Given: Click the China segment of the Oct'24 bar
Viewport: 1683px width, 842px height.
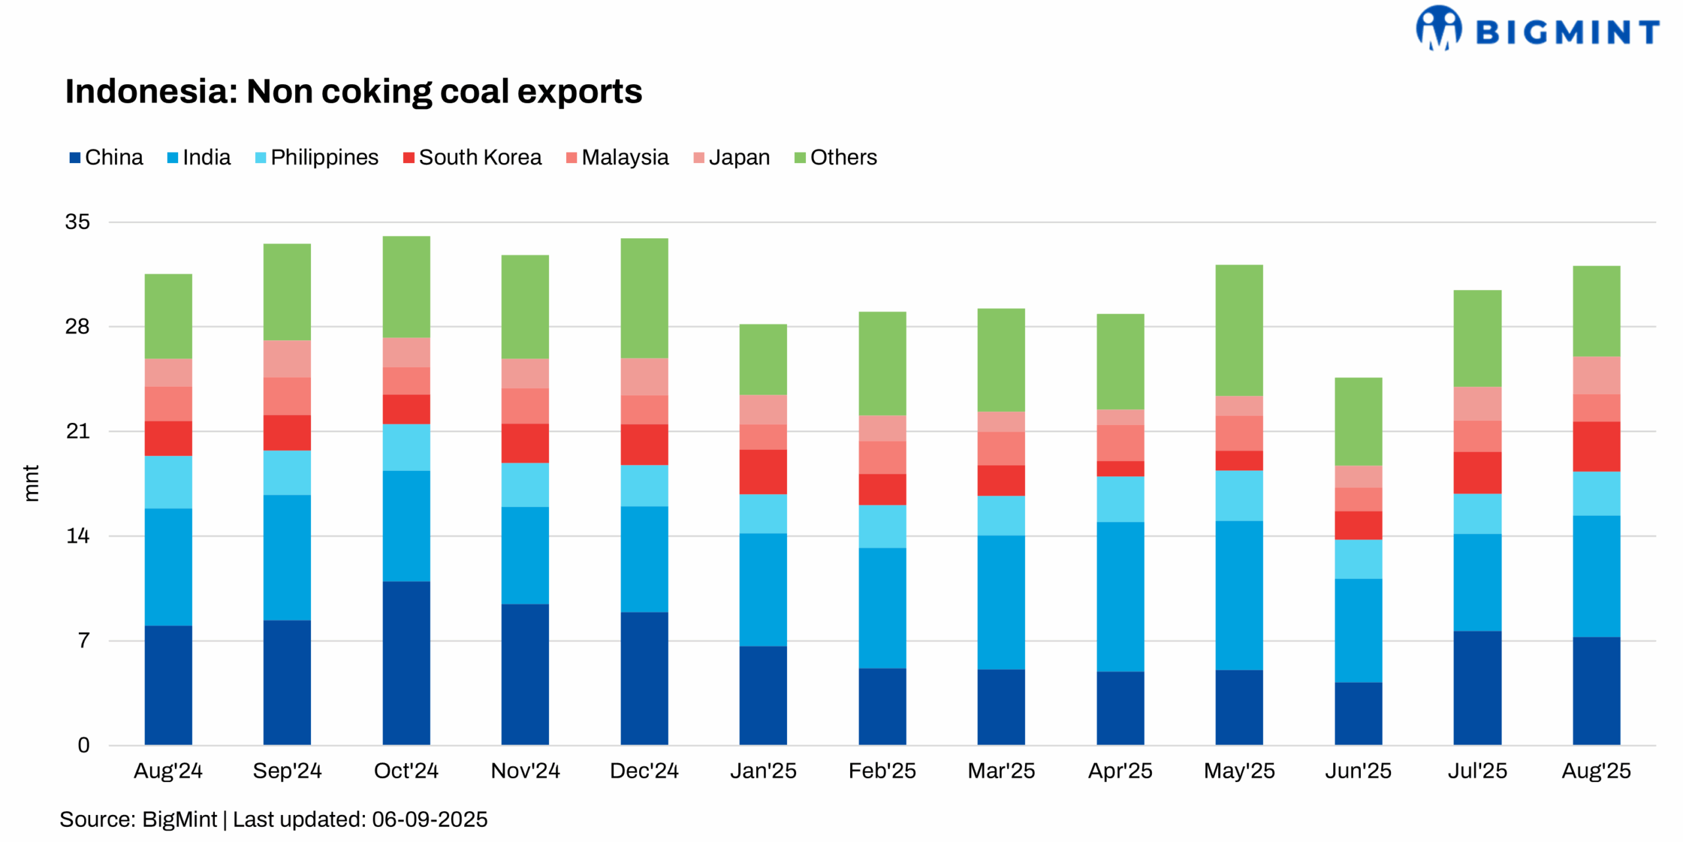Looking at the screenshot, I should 406,662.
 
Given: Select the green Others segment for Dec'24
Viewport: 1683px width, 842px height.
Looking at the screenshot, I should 644,298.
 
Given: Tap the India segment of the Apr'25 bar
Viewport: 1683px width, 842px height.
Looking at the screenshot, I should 1120,597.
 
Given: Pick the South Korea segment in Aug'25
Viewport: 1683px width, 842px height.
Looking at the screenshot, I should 1596,447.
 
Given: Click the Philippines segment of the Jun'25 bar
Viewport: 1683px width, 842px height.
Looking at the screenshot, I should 1358,559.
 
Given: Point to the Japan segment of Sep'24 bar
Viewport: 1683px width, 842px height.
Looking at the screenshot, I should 287,359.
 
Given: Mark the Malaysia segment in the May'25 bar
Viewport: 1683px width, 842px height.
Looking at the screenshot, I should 1239,433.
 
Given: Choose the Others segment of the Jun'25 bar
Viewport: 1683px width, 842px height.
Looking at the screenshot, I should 1358,421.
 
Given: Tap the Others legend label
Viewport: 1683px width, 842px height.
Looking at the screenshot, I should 843,158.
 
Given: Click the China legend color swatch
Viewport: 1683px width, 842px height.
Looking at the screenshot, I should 75,158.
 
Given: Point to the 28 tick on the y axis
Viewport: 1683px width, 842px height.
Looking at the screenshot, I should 78,326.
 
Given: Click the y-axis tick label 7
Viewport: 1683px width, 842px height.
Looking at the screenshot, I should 83,640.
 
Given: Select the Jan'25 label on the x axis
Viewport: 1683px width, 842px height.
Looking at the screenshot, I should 763,770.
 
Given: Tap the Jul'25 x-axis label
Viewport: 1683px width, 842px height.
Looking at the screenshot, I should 1477,770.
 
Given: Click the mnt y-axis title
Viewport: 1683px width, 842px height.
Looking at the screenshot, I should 31,483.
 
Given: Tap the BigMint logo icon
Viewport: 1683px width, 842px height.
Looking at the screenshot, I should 1438,28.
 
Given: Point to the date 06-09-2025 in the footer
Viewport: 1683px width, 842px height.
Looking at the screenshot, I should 429,820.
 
